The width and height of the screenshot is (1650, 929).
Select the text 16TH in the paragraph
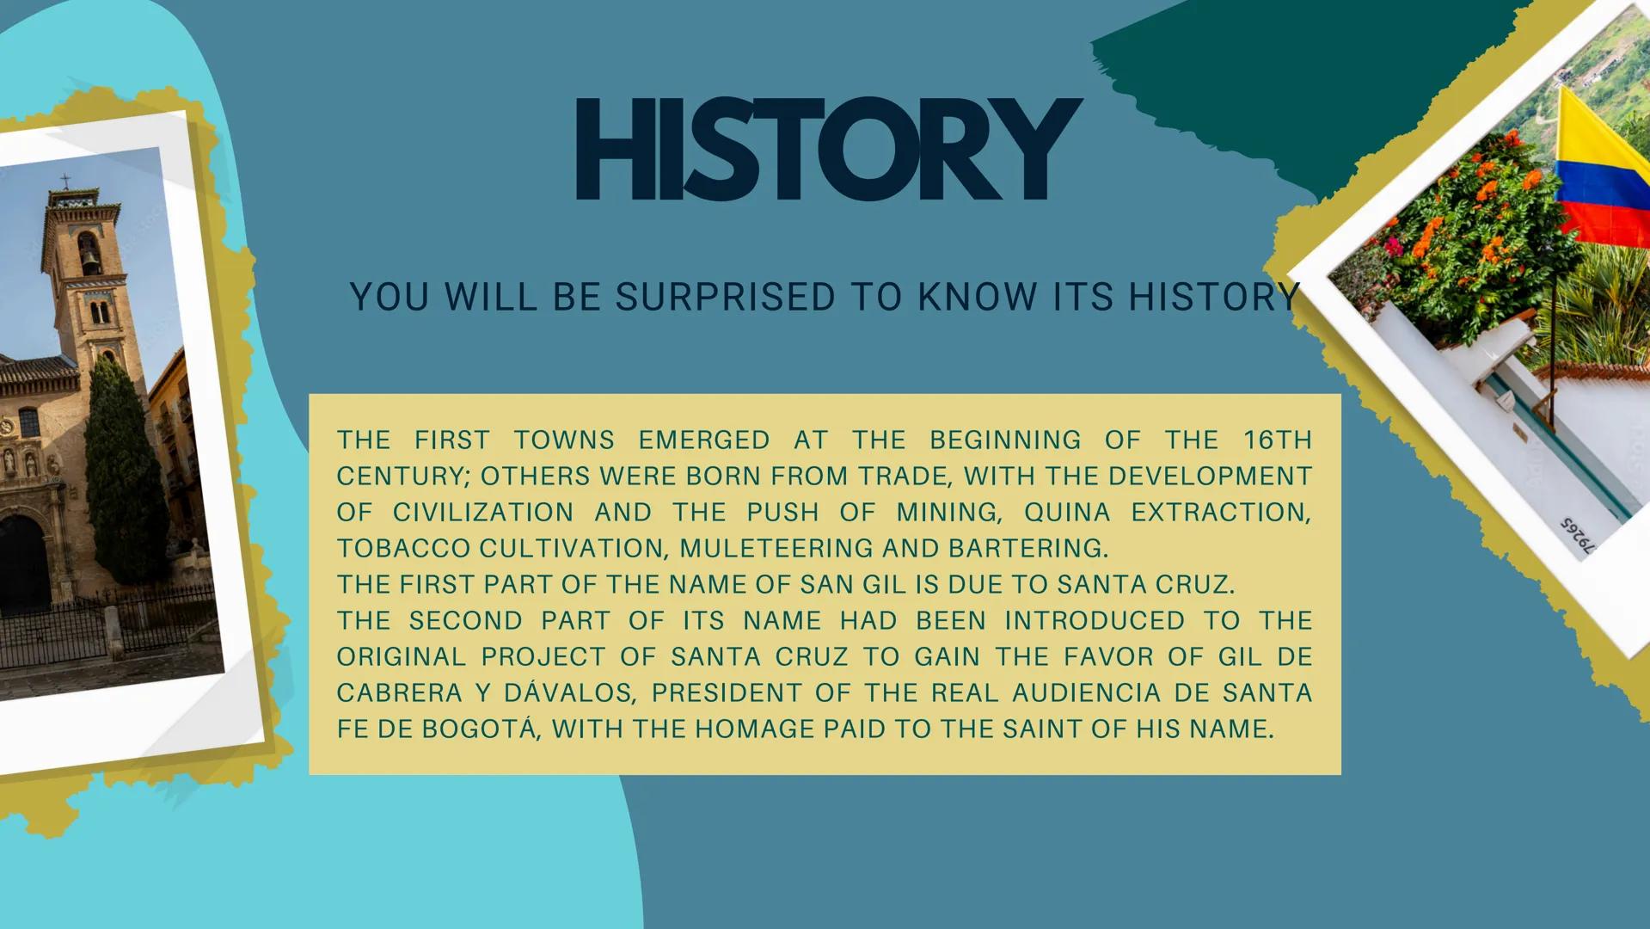(x=1278, y=440)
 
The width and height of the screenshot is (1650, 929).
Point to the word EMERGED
(x=704, y=440)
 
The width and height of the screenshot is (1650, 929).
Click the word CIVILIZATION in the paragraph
(x=483, y=513)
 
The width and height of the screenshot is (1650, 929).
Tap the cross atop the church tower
(x=64, y=181)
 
